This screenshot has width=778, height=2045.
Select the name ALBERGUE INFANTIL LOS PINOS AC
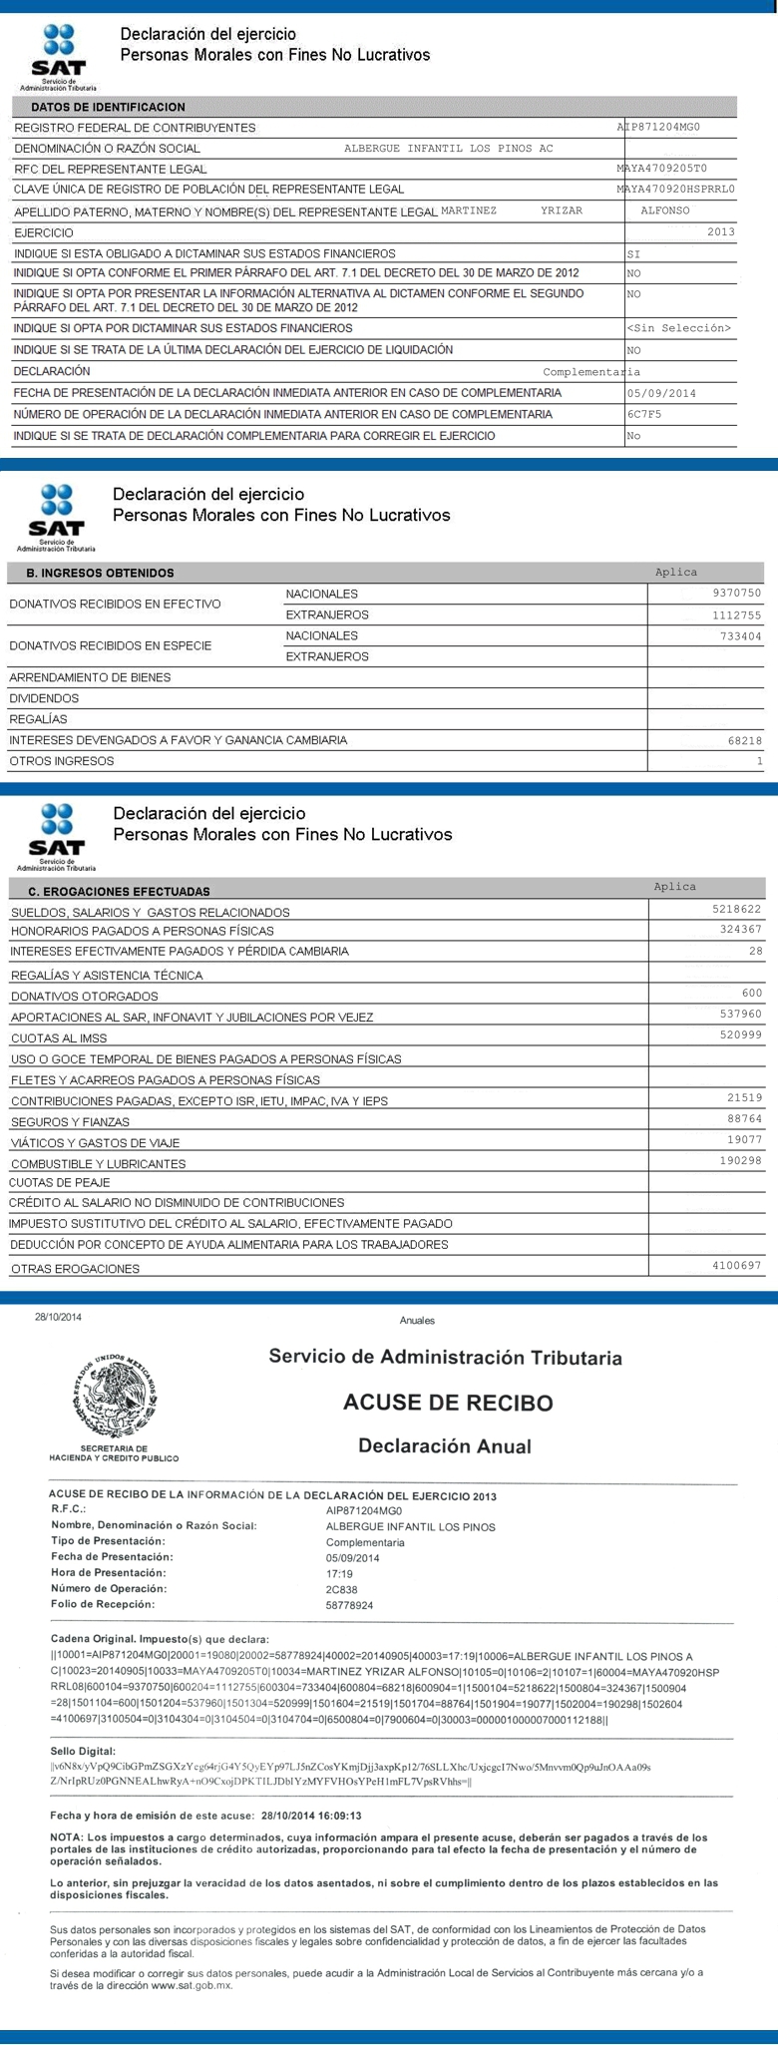(448, 149)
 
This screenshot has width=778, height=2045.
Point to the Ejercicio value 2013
(719, 232)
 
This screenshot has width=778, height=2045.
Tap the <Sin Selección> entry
(679, 328)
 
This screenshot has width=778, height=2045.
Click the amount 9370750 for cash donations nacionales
(737, 594)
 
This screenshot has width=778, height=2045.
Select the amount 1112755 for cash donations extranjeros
(737, 615)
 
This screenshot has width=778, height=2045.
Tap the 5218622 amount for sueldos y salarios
(737, 910)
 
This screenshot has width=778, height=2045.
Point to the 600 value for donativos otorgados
(752, 994)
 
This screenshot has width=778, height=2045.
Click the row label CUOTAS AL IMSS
(59, 1038)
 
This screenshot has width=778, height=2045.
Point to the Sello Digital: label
(83, 1751)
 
